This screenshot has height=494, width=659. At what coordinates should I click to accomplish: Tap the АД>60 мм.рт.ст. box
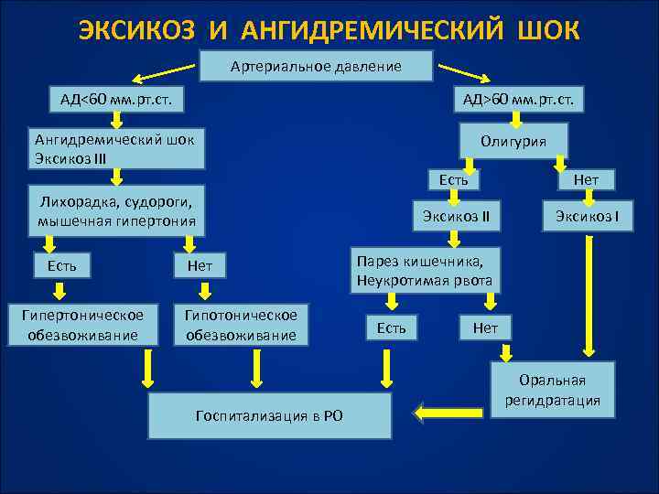click(x=517, y=99)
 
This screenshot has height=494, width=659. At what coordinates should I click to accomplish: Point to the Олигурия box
click(x=513, y=141)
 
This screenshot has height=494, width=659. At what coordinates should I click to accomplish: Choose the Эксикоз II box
click(x=456, y=216)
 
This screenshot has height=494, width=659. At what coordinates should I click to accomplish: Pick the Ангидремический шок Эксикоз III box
click(x=116, y=148)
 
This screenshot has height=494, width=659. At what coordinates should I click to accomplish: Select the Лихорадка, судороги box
click(x=116, y=210)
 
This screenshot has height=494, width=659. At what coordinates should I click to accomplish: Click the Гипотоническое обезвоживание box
click(x=242, y=325)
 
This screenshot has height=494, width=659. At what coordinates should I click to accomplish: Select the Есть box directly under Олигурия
click(x=454, y=179)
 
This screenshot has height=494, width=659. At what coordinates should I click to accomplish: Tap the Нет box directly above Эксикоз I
click(x=585, y=179)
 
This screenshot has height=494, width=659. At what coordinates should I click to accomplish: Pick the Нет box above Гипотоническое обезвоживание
click(x=200, y=266)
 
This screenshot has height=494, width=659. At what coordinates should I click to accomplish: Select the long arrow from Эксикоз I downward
click(x=585, y=293)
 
